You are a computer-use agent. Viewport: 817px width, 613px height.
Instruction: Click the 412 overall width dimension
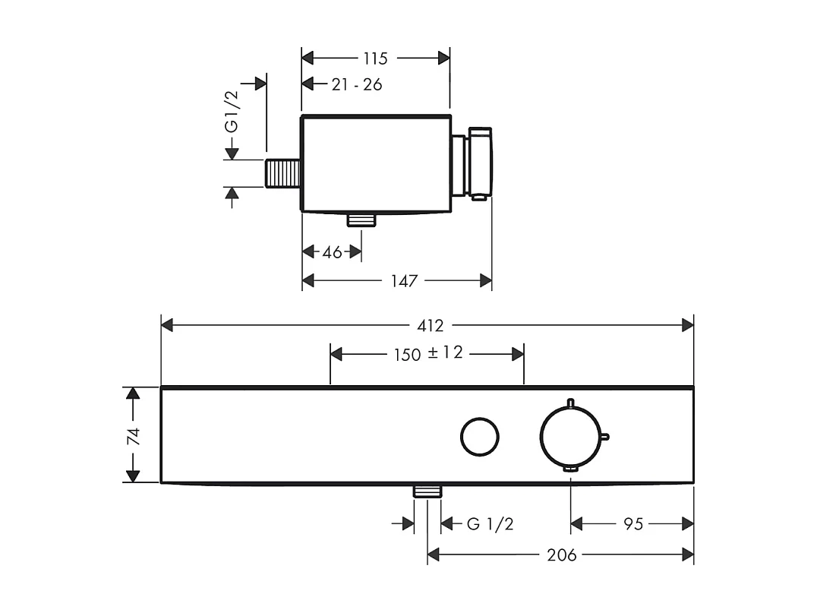[x=430, y=326]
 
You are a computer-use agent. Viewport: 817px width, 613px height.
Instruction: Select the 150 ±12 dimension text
[x=428, y=354]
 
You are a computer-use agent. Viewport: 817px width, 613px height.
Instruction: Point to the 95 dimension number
[x=633, y=524]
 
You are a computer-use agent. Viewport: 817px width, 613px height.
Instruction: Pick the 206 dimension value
[x=562, y=555]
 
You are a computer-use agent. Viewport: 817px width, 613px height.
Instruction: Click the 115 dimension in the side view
[x=375, y=58]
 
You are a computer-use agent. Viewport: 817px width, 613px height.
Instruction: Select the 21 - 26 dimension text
[x=356, y=84]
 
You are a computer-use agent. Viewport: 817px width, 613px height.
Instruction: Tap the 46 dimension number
[x=332, y=252]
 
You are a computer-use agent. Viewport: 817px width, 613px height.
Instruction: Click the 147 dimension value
[x=404, y=282]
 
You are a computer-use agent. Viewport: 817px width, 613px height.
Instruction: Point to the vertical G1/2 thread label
[x=232, y=112]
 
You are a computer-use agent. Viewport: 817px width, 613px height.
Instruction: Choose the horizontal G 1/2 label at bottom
[x=490, y=524]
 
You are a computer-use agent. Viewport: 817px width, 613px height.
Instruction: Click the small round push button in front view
[x=480, y=436]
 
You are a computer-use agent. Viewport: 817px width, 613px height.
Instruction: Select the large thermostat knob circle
[x=569, y=435]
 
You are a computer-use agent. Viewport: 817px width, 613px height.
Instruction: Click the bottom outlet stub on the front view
[x=427, y=491]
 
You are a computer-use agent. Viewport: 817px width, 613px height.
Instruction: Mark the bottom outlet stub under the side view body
[x=361, y=220]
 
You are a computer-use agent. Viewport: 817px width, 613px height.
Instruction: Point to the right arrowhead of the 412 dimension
[x=688, y=326]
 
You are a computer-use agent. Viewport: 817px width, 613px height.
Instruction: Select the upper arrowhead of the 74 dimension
[x=133, y=393]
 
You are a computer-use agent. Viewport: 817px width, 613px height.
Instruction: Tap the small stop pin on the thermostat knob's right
[x=605, y=436]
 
